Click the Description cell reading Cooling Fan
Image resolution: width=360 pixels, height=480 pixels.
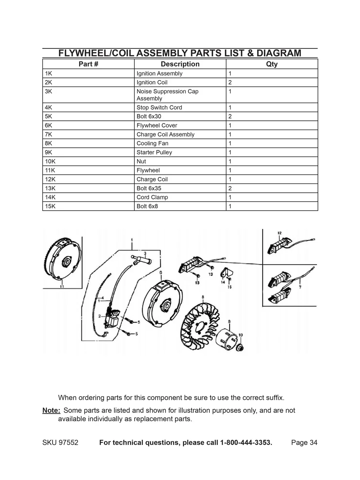point(153,143)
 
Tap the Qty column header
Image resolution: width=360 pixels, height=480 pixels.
point(272,64)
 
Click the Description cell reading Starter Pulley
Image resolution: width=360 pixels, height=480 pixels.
point(154,153)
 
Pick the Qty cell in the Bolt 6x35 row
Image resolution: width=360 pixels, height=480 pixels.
point(230,188)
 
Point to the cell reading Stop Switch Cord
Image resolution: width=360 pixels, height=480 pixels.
point(159,107)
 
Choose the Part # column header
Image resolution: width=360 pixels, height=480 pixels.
point(88,64)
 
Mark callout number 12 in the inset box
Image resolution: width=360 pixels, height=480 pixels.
point(279,233)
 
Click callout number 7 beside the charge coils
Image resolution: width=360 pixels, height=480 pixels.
point(300,286)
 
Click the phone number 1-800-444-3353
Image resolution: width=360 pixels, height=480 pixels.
point(246,443)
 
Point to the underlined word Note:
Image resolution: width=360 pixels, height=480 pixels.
point(51,410)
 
